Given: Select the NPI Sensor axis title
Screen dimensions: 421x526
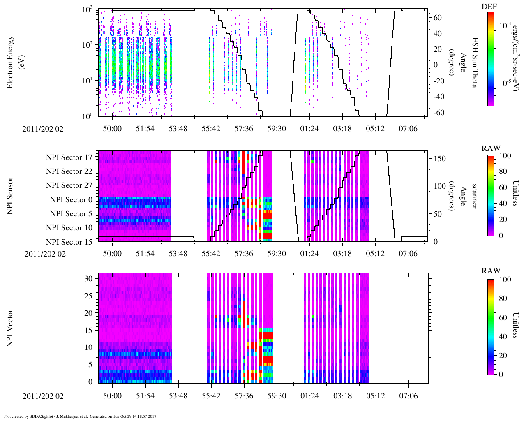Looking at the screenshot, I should click(10, 196).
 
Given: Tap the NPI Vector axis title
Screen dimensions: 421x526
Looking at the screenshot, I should click(10, 328).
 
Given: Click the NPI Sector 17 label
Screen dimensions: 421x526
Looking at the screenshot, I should click(69, 157).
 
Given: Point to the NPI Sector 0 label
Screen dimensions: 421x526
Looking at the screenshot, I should click(71, 200).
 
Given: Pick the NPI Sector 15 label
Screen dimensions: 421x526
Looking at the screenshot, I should click(69, 242).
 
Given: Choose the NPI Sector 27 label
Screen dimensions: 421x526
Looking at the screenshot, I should click(69, 185).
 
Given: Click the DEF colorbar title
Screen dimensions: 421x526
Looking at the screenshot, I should click(489, 7).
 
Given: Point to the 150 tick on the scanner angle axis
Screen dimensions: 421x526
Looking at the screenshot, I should click(440, 158).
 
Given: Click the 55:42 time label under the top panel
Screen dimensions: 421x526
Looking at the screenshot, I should click(211, 129).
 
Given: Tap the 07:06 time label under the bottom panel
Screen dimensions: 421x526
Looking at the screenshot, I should click(408, 396).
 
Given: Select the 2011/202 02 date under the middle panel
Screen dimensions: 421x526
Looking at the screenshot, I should click(45, 254).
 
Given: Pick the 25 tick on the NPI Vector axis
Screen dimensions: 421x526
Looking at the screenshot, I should click(89, 296).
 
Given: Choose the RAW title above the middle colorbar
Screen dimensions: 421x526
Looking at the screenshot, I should click(491, 148).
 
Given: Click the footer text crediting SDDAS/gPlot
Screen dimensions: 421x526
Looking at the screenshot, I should click(81, 416).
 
